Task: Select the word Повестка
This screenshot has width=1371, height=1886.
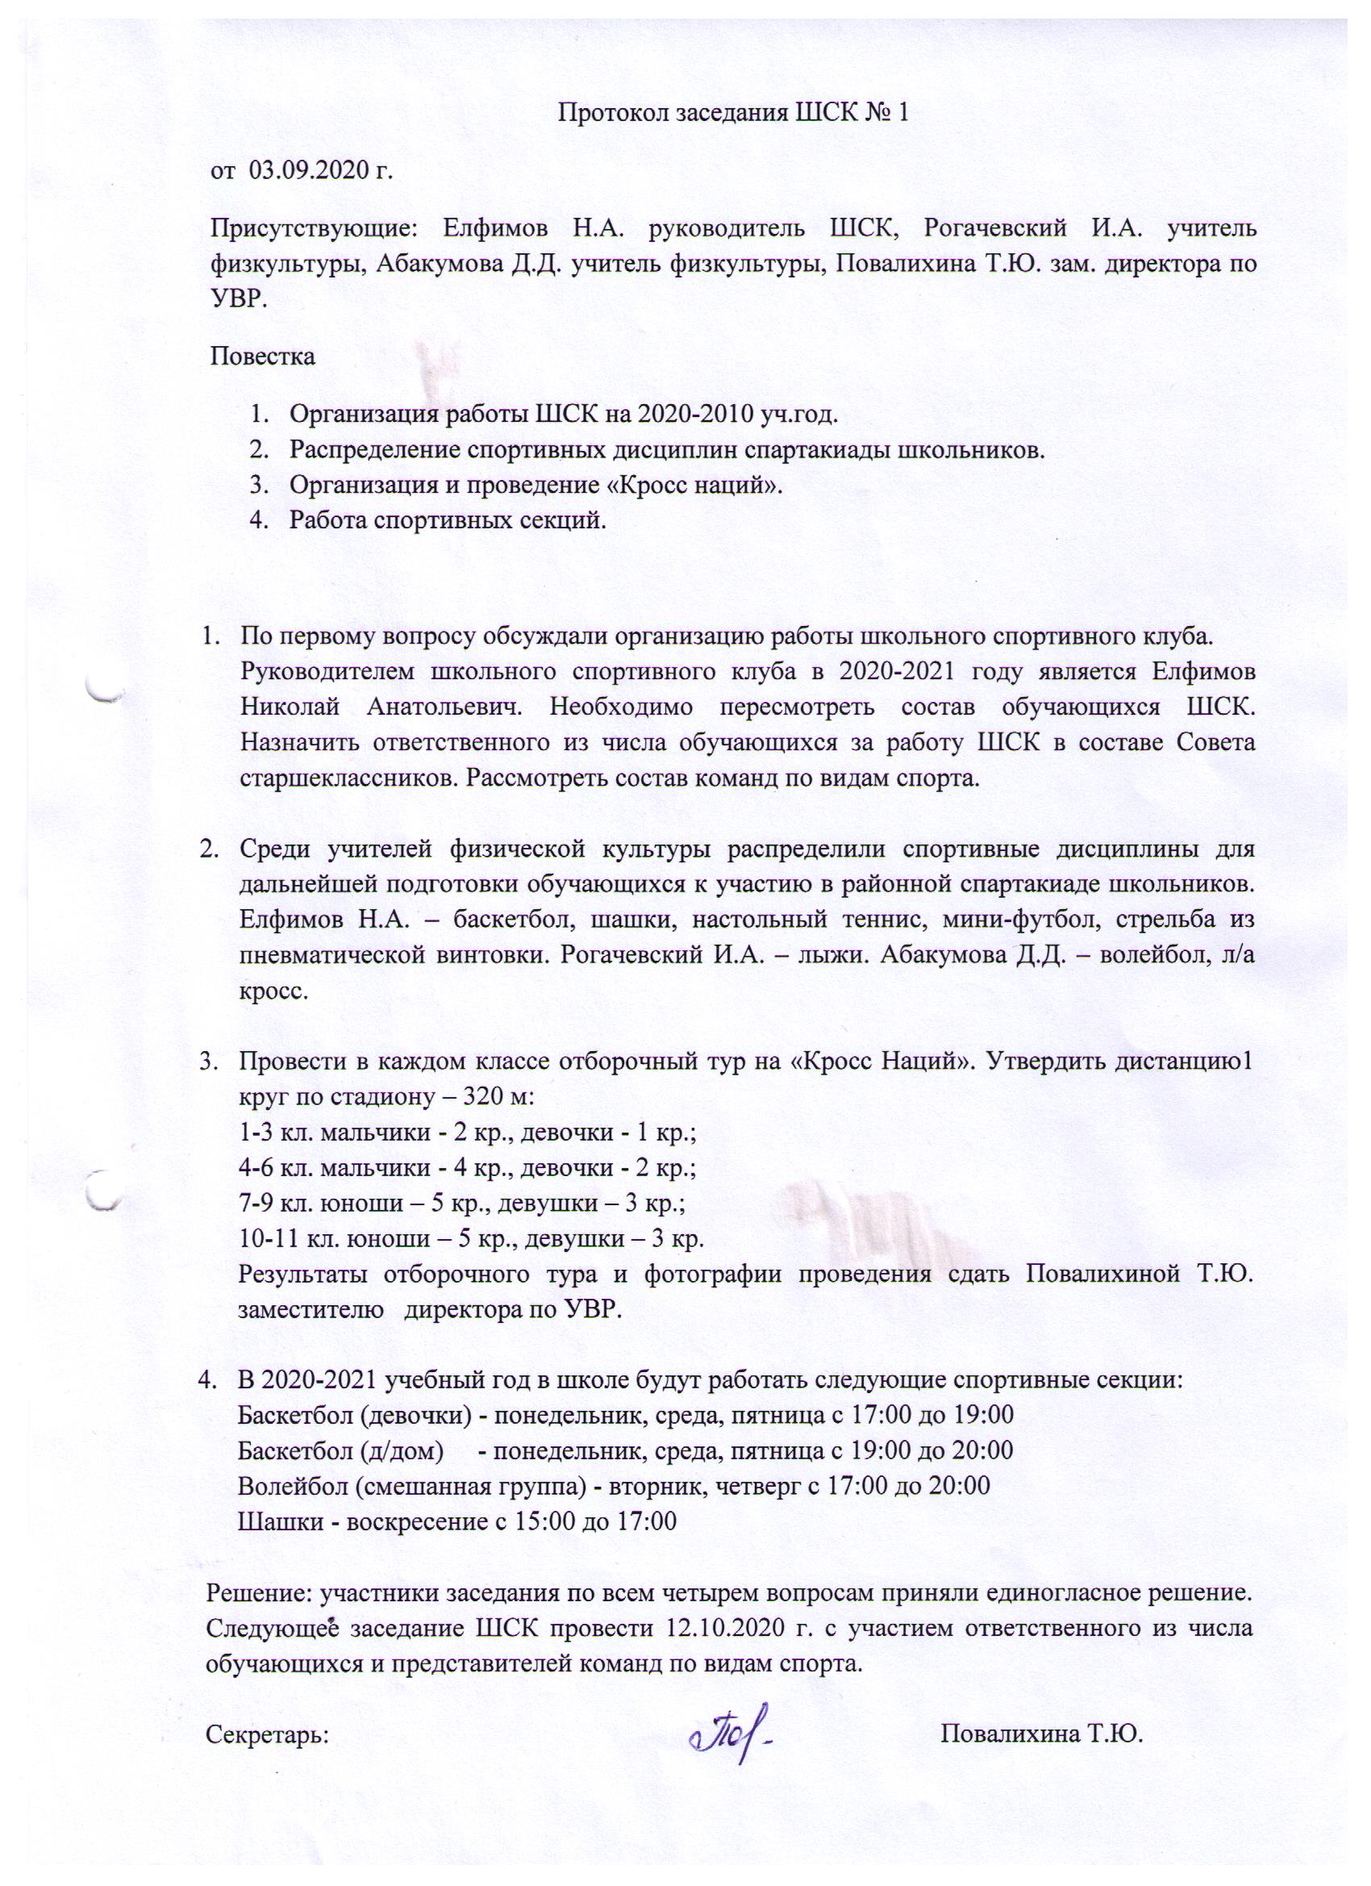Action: pos(263,357)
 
